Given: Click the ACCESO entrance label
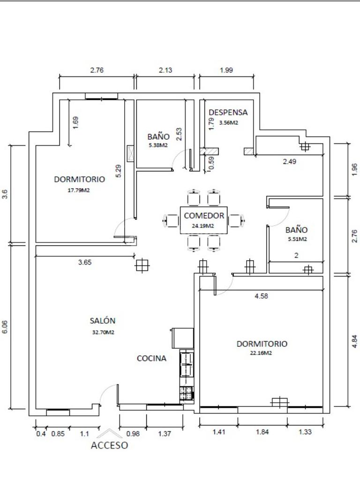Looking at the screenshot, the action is (x=109, y=445).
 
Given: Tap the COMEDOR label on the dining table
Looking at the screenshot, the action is (x=204, y=216).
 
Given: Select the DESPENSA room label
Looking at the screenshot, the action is (x=228, y=112).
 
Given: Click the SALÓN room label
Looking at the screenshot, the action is (x=103, y=321).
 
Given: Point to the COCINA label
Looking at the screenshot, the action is (x=151, y=359).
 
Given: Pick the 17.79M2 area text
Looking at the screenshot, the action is (x=79, y=190).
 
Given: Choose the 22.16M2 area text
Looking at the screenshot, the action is (x=262, y=353).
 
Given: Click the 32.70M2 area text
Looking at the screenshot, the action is (x=103, y=332).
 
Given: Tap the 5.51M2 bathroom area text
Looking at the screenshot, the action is (x=297, y=239).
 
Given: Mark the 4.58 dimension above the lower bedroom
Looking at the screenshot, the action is (x=261, y=296).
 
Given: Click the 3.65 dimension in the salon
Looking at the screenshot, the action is (x=85, y=262).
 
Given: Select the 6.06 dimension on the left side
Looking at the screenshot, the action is (x=5, y=327).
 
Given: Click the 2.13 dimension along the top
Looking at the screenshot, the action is (x=165, y=70).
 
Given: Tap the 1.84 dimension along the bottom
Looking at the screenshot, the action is (x=262, y=432).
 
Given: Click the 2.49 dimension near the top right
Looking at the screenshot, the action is (x=289, y=162).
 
